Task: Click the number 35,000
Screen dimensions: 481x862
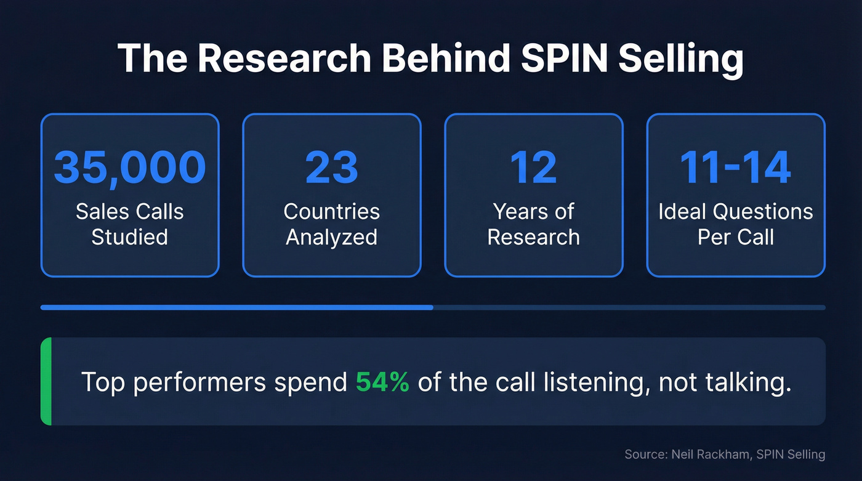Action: (129, 168)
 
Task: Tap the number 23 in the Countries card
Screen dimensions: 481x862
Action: (331, 168)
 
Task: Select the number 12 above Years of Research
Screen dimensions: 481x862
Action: (533, 168)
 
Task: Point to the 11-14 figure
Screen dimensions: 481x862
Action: (735, 168)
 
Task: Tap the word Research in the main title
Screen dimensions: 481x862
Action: (287, 59)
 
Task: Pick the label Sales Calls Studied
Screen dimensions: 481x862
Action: (129, 224)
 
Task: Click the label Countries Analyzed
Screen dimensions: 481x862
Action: (331, 224)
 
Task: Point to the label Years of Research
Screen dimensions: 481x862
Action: (533, 224)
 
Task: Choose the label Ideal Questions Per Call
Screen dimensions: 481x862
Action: (735, 224)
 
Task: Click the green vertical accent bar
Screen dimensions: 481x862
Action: (46, 381)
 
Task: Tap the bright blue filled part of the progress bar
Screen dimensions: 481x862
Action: (236, 307)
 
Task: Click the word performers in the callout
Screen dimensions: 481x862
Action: (199, 382)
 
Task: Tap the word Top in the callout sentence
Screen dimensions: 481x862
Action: (103, 382)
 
